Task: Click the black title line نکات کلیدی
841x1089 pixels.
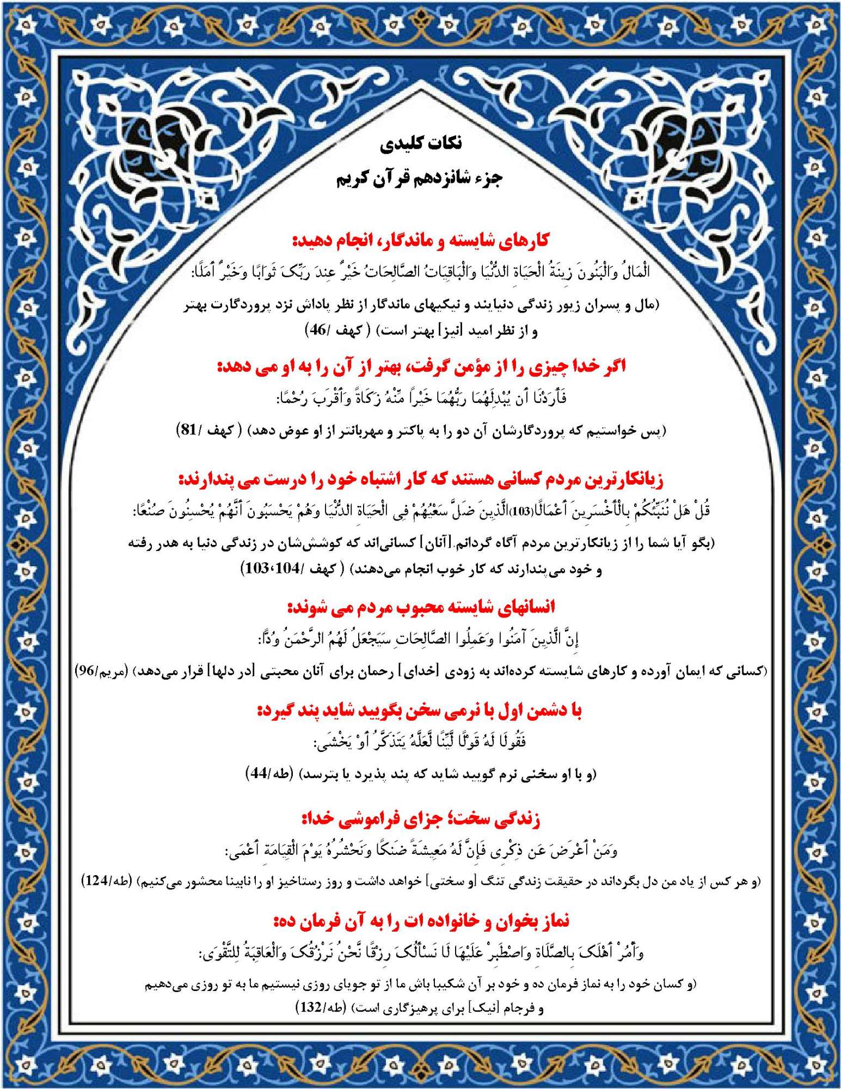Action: coord(421,144)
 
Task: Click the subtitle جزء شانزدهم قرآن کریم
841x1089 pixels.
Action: coord(419,179)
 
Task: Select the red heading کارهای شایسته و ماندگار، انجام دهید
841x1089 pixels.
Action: coord(421,240)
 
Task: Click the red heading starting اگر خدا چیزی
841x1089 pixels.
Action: coord(421,366)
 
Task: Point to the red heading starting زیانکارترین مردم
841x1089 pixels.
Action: coord(421,480)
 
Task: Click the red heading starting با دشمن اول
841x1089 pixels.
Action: coord(420,711)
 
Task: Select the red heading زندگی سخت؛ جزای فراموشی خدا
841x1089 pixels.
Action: coord(421,818)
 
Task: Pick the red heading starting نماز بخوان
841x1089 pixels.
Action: coord(421,921)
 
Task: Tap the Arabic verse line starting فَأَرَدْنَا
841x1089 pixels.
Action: coord(421,399)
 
